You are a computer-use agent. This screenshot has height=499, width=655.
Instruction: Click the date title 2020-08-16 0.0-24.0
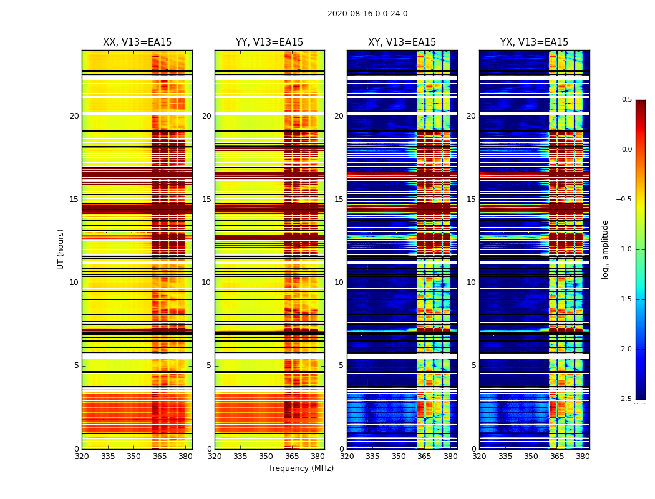pos(367,14)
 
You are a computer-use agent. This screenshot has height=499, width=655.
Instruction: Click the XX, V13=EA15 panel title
pos(137,42)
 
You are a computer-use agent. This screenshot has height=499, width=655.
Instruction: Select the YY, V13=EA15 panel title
pos(269,42)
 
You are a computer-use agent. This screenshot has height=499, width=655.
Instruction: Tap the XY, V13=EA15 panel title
pos(402,42)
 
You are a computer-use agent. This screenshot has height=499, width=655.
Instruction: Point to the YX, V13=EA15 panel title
pos(534,42)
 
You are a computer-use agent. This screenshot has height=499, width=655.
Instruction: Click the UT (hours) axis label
pos(61,249)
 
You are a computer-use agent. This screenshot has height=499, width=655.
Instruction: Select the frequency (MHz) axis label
pos(301,468)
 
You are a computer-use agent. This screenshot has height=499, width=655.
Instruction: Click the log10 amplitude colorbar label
pos(605,249)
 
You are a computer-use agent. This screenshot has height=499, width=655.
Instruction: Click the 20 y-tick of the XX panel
pos(74,116)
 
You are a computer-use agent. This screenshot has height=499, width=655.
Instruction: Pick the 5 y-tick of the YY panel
pos(208,366)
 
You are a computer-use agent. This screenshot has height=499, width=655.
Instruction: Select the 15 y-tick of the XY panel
pos(339,200)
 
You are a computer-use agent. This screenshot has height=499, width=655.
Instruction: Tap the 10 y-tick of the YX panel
pos(471,283)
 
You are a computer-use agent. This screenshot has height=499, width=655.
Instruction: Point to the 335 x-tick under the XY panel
pos(373,456)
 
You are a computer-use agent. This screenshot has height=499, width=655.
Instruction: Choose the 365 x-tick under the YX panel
pos(557,456)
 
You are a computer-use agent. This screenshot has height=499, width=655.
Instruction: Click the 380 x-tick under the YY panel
pos(318,456)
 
